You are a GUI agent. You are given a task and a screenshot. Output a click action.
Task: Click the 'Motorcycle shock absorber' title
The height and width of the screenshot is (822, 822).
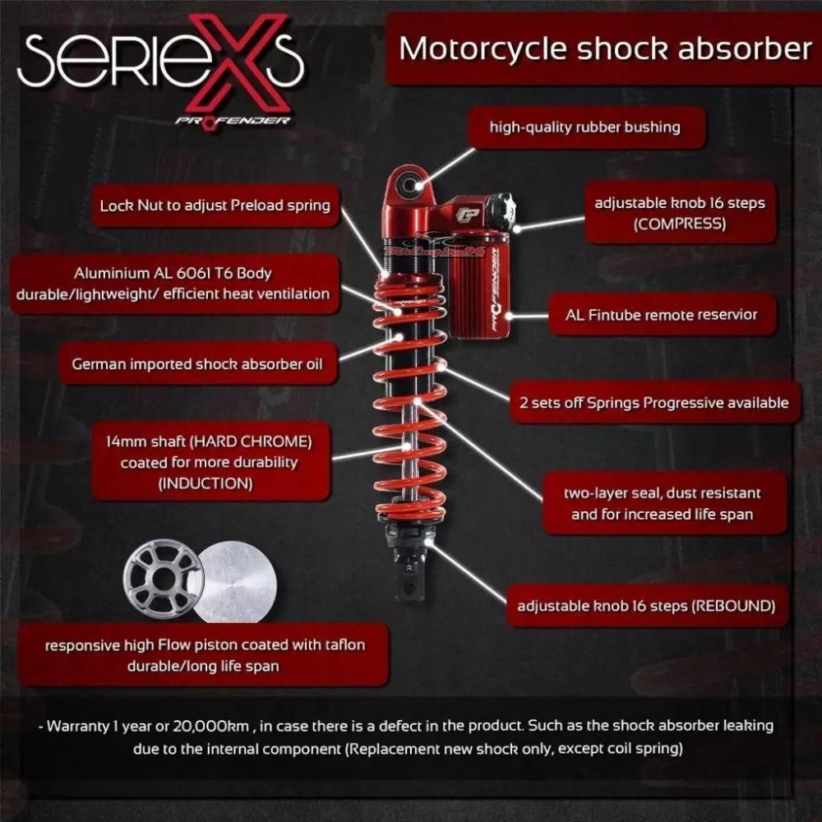coord(606,48)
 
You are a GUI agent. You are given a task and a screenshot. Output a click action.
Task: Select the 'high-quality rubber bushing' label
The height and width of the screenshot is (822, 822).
coord(585,127)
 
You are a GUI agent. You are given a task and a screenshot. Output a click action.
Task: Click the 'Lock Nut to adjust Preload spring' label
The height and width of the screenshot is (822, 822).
coord(215,205)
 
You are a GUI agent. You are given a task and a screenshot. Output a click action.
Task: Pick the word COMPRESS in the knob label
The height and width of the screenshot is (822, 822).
coord(680,224)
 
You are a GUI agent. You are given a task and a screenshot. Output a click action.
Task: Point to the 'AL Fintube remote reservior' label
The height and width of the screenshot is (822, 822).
coord(661,315)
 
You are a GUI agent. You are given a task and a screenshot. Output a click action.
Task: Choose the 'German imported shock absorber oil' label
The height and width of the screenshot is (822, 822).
coord(197,364)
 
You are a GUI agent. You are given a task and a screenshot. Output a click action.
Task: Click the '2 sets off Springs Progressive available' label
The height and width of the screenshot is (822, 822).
coord(653,403)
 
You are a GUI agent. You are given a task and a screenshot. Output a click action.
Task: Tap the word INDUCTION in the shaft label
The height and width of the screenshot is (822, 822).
coord(205,483)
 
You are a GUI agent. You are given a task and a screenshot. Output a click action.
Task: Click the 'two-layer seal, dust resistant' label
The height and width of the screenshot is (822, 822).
coord(662,492)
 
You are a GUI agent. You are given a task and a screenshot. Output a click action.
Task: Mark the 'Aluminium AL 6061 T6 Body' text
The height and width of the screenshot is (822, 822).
coord(173,273)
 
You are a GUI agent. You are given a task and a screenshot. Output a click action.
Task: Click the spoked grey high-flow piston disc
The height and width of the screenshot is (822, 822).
coord(163,579)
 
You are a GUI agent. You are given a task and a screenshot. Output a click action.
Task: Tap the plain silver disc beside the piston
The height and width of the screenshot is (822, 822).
coord(236,582)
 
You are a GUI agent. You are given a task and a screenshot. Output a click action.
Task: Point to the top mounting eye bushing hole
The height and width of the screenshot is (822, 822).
coord(408,185)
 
